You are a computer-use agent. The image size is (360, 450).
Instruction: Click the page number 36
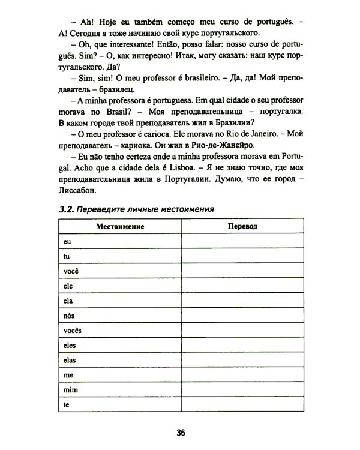(180, 431)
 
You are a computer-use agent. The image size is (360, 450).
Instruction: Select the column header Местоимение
(120, 227)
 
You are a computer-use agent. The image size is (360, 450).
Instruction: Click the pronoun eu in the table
(66, 241)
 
